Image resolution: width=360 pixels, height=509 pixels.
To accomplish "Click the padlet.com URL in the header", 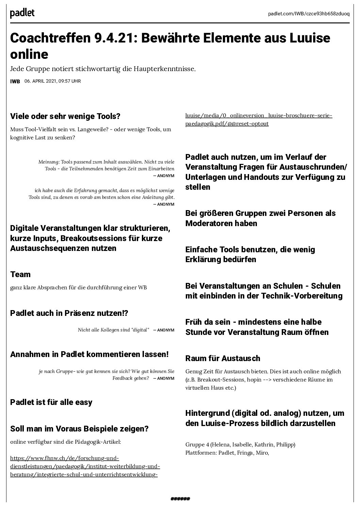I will (x=308, y=13).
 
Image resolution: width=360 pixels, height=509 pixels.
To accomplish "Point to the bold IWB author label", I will (x=15, y=82).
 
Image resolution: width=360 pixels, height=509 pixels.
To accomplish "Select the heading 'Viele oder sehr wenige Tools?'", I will (x=65, y=116).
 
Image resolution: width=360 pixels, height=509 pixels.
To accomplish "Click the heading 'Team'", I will (x=20, y=274).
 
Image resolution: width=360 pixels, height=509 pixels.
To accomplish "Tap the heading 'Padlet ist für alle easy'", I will (x=51, y=402).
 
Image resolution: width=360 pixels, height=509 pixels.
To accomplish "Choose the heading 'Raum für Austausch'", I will (x=223, y=358).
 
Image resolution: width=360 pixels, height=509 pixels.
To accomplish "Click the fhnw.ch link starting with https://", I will (x=65, y=458).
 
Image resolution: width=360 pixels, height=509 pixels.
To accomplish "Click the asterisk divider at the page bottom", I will (x=180, y=499).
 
